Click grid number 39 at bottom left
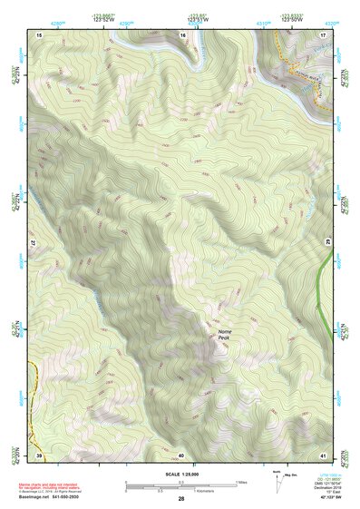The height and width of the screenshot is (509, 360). pos(39,454)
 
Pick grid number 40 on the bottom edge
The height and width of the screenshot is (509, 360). pos(181,454)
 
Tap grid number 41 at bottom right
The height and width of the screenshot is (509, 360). pos(323,454)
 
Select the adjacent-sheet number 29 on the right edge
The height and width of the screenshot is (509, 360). pos(328,240)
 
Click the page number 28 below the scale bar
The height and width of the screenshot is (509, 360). pos(181,499)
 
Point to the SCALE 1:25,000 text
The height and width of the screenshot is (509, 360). pos(181,475)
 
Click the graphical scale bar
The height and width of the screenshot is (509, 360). pos(181,485)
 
